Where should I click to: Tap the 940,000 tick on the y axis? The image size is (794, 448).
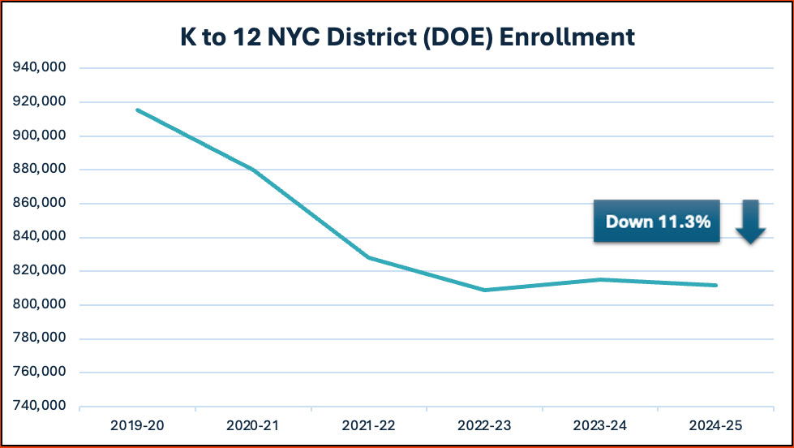click(40, 68)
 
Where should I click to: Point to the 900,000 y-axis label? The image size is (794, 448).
click(40, 136)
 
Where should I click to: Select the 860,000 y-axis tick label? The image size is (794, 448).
click(40, 204)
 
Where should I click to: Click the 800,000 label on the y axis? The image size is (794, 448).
click(40, 304)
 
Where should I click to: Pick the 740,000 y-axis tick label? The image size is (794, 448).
click(40, 406)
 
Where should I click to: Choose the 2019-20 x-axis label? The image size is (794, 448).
click(137, 425)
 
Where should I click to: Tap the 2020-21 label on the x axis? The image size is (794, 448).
click(253, 425)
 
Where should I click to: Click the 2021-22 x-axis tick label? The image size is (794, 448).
click(369, 425)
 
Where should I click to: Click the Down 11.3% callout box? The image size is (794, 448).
click(657, 221)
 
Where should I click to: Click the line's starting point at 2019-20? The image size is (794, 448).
click(137, 110)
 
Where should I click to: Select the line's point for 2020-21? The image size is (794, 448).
click(253, 170)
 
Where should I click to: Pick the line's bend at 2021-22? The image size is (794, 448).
click(369, 257)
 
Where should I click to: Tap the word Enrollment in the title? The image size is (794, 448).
click(568, 37)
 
